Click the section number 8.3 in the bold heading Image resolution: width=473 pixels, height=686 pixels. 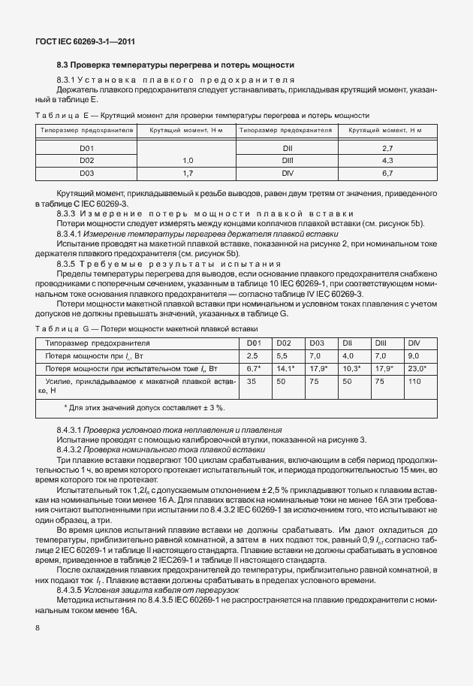point(64,65)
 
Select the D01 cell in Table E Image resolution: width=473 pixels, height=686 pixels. point(87,149)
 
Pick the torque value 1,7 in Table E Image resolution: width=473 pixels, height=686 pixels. point(188,174)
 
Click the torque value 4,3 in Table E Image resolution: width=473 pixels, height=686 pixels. point(387,161)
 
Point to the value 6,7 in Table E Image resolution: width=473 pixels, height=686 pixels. point(387,174)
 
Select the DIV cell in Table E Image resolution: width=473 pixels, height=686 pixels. point(286,174)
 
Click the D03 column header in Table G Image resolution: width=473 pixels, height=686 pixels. point(316,343)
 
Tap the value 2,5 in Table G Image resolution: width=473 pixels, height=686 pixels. point(252,355)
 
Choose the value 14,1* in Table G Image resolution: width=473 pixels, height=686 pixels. point(285,368)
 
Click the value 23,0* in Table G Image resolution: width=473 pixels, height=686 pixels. point(417,368)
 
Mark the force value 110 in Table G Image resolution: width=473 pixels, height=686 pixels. point(414,382)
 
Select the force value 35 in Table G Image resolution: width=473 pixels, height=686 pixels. point(252,382)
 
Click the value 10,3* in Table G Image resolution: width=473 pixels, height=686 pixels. point(351,368)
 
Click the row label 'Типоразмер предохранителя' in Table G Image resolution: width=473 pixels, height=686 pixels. point(98,343)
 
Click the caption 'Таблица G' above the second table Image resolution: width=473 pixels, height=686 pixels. point(57,329)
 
